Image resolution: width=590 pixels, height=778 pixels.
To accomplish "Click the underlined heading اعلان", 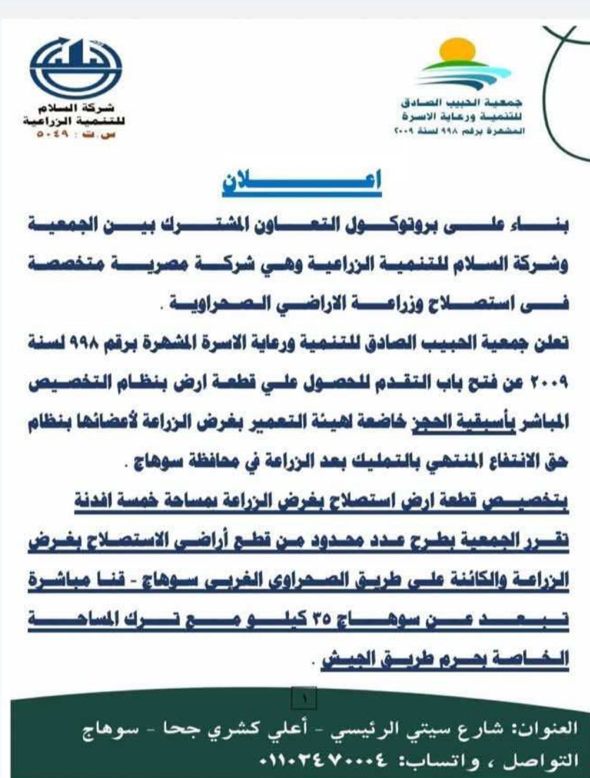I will pyautogui.click(x=302, y=184).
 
